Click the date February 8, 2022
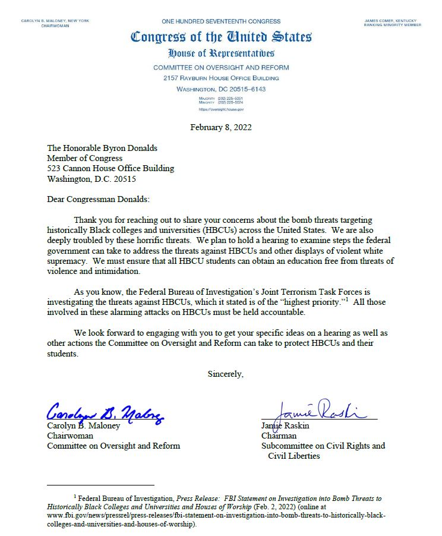(x=221, y=127)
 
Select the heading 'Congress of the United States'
(x=221, y=37)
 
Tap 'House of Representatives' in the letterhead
(x=221, y=53)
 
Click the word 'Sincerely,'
(x=225, y=374)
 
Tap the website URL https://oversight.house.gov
(x=221, y=109)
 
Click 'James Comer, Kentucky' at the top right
(x=393, y=21)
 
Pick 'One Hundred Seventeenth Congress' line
(x=221, y=21)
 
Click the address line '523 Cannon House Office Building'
(x=110, y=168)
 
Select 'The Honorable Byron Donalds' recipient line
(x=102, y=148)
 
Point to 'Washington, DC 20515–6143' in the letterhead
(x=221, y=89)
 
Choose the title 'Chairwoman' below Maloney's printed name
(x=69, y=436)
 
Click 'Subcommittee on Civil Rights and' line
(x=323, y=446)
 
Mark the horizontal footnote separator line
(x=100, y=485)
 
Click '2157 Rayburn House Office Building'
(x=221, y=78)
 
